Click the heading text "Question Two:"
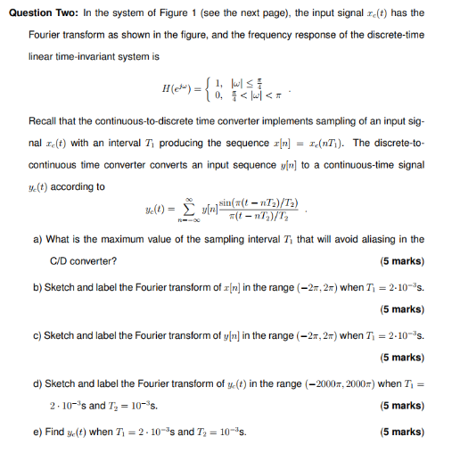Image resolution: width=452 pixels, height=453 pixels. (38, 13)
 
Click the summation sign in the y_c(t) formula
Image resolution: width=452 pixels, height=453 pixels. (189, 210)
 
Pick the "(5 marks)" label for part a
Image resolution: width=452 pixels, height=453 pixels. (401, 260)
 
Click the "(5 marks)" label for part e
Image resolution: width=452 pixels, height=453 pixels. (401, 431)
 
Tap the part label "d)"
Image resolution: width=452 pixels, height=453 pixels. (37, 383)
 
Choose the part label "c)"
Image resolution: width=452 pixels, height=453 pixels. (37, 334)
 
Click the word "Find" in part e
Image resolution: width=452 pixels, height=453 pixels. (56, 431)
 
